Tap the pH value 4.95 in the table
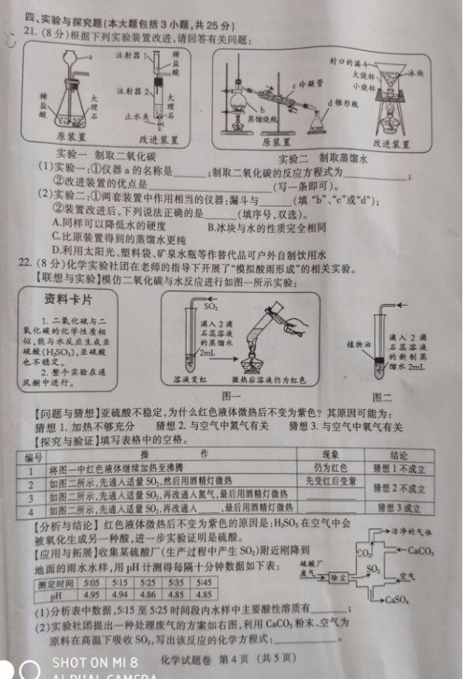(92, 594)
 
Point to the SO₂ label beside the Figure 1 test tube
(210, 304)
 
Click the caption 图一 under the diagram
(230, 397)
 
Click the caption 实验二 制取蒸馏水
(323, 159)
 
